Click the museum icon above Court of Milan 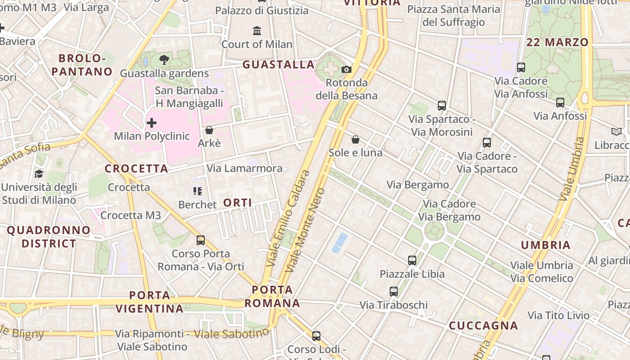click(257, 31)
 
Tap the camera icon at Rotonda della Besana click(346, 69)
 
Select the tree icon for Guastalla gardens click(164, 59)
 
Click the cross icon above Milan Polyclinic click(152, 122)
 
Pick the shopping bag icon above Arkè click(209, 130)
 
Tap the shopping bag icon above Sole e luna click(355, 139)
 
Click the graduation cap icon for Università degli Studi click(39, 174)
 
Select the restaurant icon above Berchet click(197, 191)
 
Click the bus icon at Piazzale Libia click(412, 260)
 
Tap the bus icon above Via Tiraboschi click(394, 292)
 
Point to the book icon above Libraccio click(616, 132)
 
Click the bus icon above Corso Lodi click(316, 336)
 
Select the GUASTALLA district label click(279, 65)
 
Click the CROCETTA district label click(136, 169)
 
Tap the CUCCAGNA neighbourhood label click(483, 325)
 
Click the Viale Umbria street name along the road click(571, 169)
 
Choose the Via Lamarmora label click(244, 168)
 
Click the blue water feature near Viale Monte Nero click(340, 243)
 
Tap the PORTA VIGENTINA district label click(150, 302)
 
